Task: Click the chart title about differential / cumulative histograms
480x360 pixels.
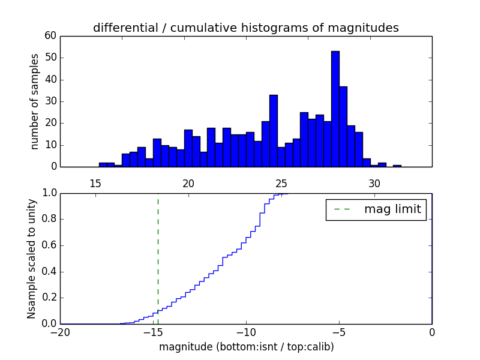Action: click(x=245, y=28)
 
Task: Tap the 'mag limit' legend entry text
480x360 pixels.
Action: click(x=392, y=209)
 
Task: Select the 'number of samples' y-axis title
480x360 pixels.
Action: click(x=35, y=101)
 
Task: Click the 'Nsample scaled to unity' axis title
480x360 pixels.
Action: click(x=31, y=258)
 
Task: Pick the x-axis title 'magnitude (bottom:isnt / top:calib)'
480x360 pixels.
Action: click(x=245, y=347)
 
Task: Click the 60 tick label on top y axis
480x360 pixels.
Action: click(x=50, y=36)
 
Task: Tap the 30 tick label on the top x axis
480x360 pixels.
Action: click(x=374, y=184)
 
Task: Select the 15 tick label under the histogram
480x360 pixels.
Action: click(x=95, y=184)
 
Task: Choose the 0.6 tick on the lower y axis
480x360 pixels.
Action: click(x=48, y=245)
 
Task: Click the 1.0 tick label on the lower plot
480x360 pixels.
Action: click(x=48, y=193)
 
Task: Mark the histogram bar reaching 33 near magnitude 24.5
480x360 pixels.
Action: click(x=273, y=131)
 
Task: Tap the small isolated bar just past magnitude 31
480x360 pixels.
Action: click(x=397, y=165)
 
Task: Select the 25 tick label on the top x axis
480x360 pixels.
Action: click(x=281, y=184)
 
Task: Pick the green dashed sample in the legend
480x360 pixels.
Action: click(x=342, y=209)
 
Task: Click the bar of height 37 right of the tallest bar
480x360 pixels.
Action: click(x=343, y=127)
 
